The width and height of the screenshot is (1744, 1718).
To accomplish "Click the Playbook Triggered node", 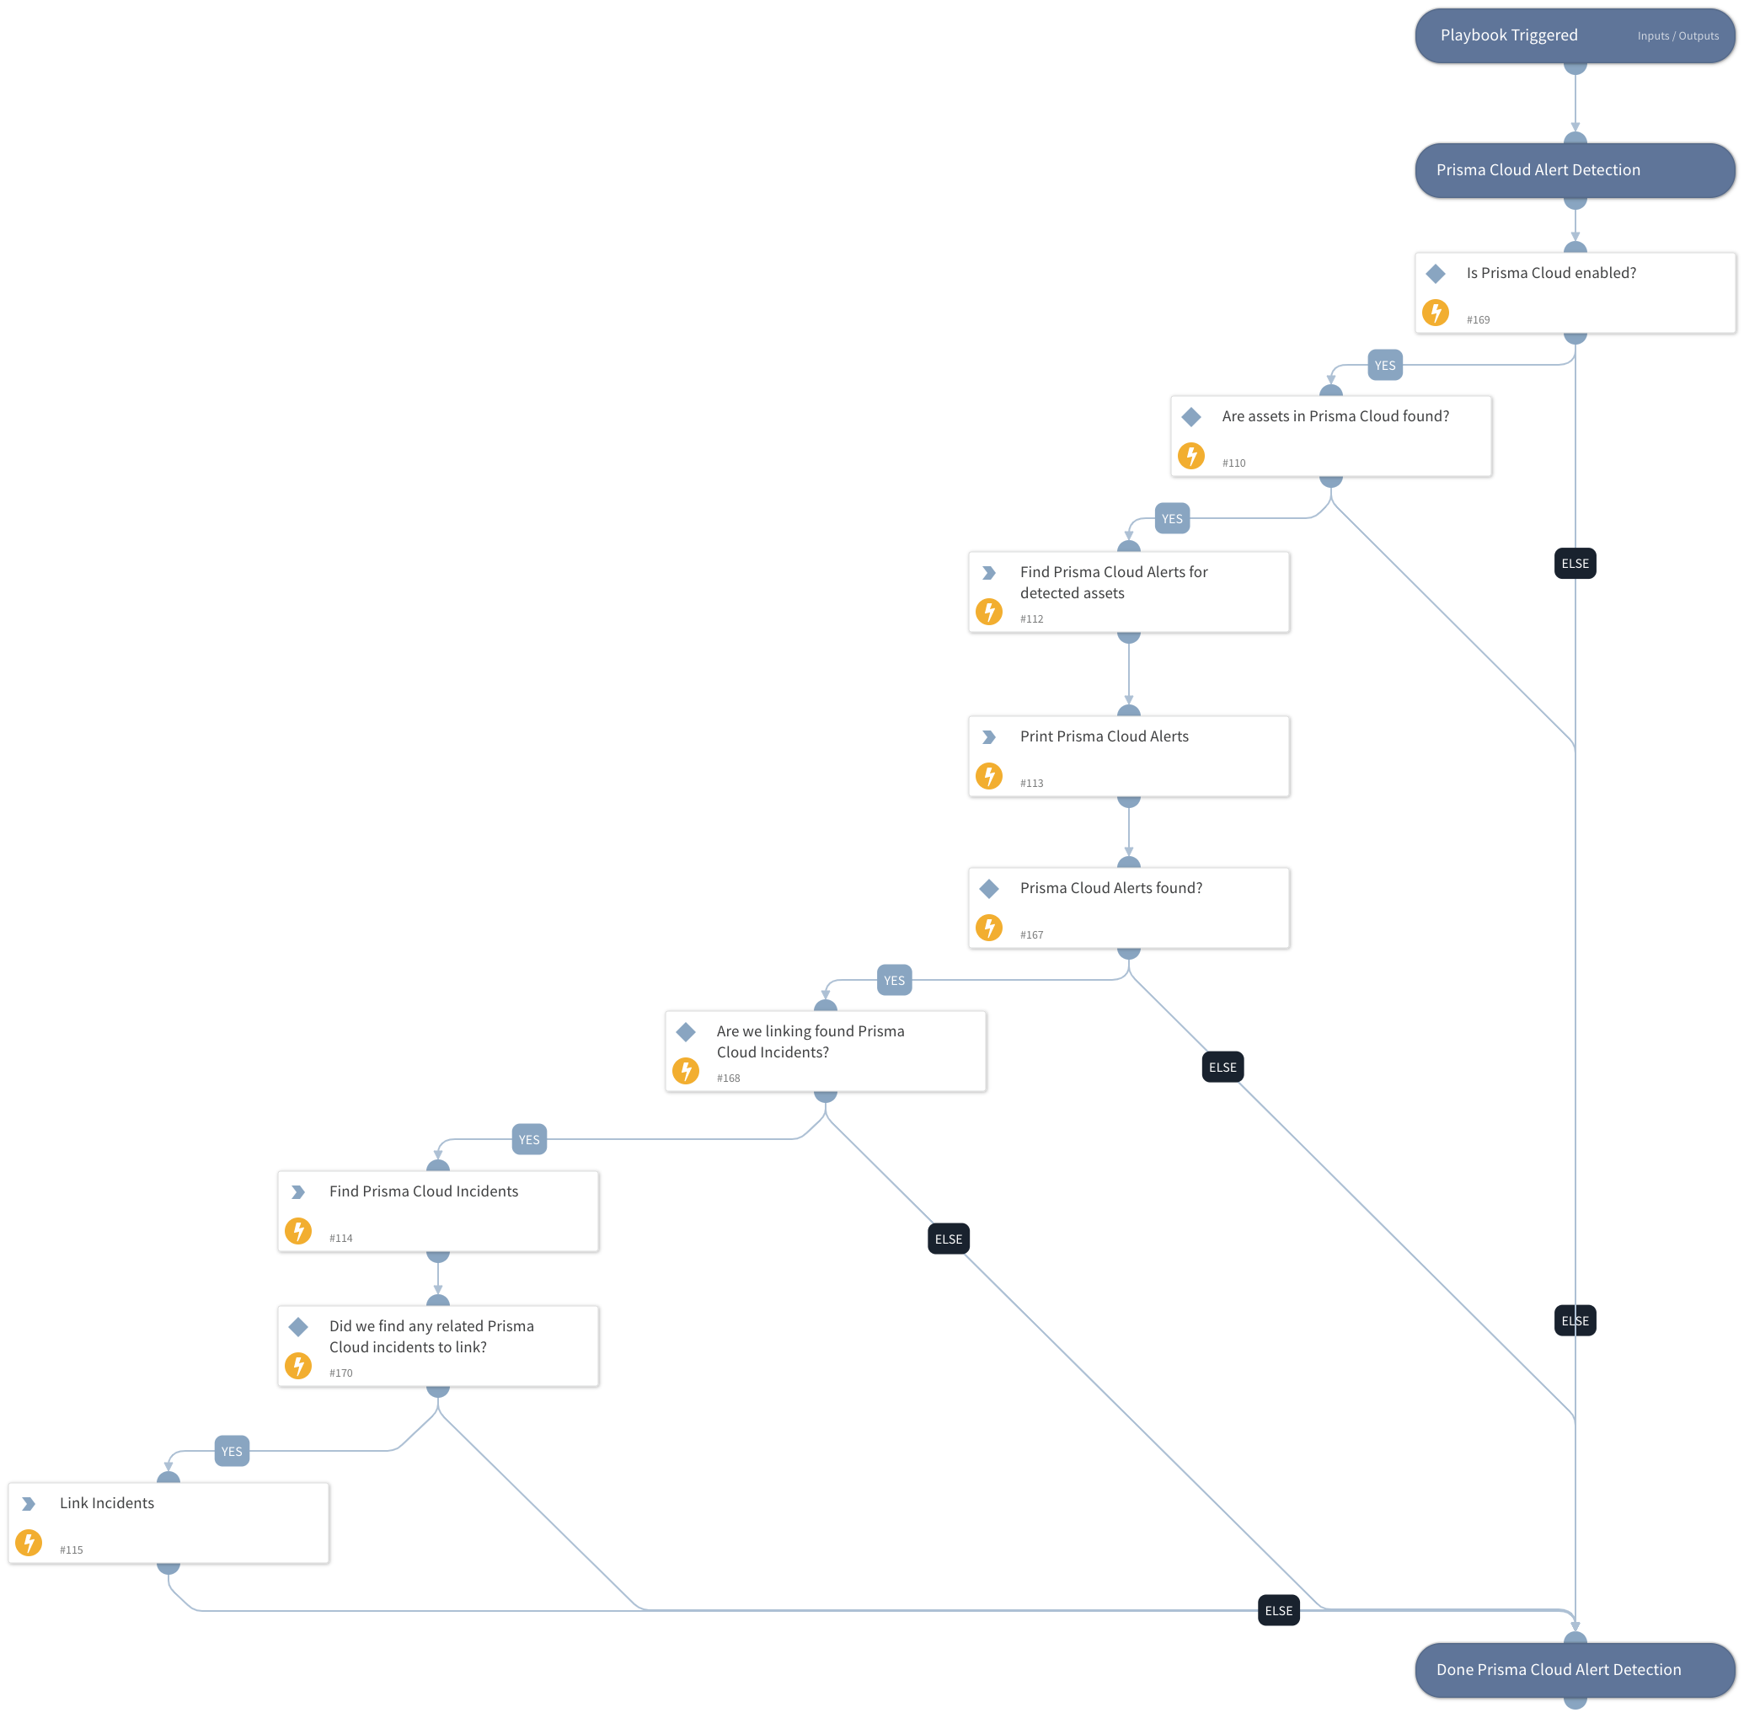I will (1509, 35).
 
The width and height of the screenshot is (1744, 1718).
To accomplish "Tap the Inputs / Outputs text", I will (1677, 36).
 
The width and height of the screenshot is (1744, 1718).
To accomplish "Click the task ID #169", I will (1477, 319).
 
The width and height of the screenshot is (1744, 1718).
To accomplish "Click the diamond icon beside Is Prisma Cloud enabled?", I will (1435, 273).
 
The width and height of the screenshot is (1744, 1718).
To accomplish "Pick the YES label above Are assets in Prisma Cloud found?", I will (1384, 366).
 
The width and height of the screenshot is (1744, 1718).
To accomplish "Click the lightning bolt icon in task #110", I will (1191, 456).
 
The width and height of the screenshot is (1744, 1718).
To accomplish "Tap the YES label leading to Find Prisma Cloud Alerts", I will (1171, 519).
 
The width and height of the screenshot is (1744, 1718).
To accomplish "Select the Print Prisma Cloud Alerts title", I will (1104, 736).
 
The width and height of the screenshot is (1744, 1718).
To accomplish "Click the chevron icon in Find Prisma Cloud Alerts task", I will (989, 573).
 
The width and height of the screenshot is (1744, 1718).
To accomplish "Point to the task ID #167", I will (1031, 934).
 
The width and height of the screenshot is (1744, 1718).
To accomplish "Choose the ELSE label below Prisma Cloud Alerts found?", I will (1222, 1068).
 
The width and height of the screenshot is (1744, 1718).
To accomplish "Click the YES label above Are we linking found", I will (893, 981).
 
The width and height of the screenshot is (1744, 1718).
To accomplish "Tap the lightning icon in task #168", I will (686, 1071).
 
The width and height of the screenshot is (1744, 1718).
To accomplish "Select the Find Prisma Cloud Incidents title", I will (423, 1191).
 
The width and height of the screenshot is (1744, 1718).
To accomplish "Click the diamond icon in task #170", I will (297, 1326).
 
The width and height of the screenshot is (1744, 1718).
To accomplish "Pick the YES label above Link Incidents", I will (232, 1452).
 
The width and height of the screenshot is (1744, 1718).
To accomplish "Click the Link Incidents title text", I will (106, 1502).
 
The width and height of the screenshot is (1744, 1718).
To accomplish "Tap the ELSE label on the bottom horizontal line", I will (1277, 1611).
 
